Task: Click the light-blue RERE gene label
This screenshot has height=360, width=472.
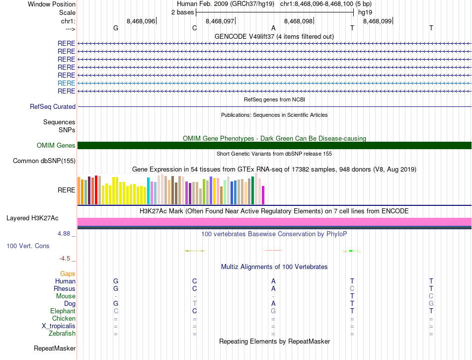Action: (67, 83)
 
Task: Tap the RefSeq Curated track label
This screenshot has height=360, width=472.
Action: (53, 106)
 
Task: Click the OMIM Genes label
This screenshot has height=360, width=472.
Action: (56, 145)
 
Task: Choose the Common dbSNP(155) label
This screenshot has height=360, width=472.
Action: (44, 161)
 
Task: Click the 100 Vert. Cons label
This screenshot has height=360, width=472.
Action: (28, 246)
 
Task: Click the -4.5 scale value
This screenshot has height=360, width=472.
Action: (67, 259)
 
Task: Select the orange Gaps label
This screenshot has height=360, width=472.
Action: (68, 274)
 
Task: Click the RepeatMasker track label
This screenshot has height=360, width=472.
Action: (55, 348)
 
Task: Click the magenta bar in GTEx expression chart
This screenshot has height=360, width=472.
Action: (263, 194)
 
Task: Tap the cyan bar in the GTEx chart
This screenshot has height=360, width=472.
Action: (148, 190)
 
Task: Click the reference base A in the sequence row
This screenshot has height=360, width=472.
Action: (273, 28)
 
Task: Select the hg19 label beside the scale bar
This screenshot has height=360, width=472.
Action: (365, 12)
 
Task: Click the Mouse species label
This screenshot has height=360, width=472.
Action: (66, 296)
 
